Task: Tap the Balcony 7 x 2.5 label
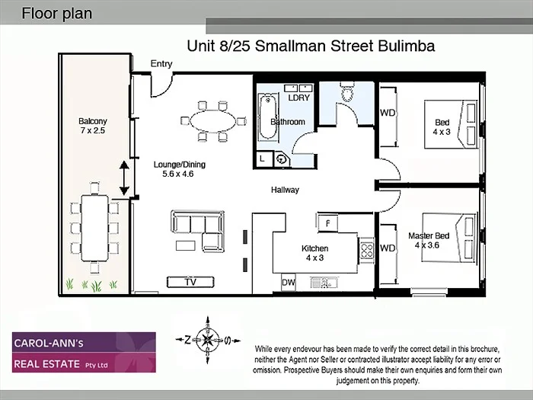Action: [93, 126]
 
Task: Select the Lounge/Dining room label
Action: [179, 169]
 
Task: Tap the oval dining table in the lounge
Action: [212, 120]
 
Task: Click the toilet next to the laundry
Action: [347, 94]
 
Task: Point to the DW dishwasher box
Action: [289, 282]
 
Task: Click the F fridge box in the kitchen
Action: [327, 222]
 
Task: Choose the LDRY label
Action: [298, 98]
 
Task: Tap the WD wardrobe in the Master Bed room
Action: [388, 249]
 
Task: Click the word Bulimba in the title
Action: [406, 46]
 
